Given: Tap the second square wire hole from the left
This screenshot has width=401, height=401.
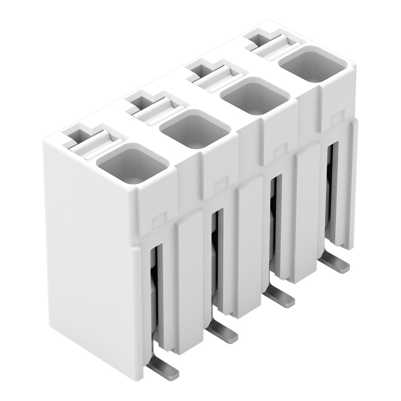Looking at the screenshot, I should tap(195, 129).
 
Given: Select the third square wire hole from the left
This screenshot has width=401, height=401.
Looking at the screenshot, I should tap(255, 96).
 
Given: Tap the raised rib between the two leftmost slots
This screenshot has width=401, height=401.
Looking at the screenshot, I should tap(188, 281).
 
